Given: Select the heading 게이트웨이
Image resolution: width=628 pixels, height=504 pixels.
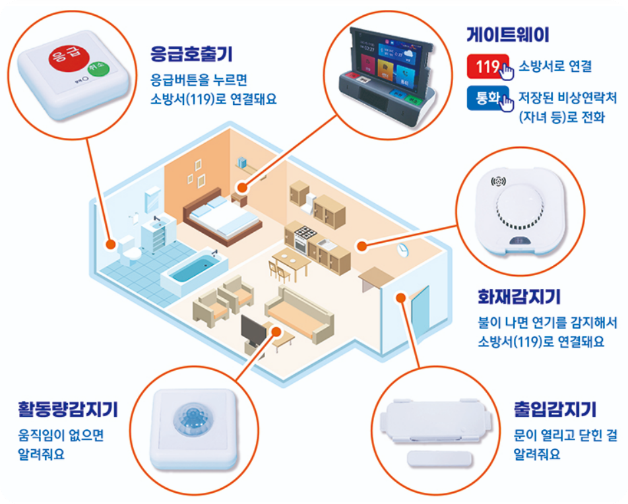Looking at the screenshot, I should (x=507, y=35).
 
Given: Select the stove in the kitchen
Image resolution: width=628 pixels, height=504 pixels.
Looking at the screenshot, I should (x=305, y=239).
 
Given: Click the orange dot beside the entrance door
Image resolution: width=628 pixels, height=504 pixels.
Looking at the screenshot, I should (x=400, y=298).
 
